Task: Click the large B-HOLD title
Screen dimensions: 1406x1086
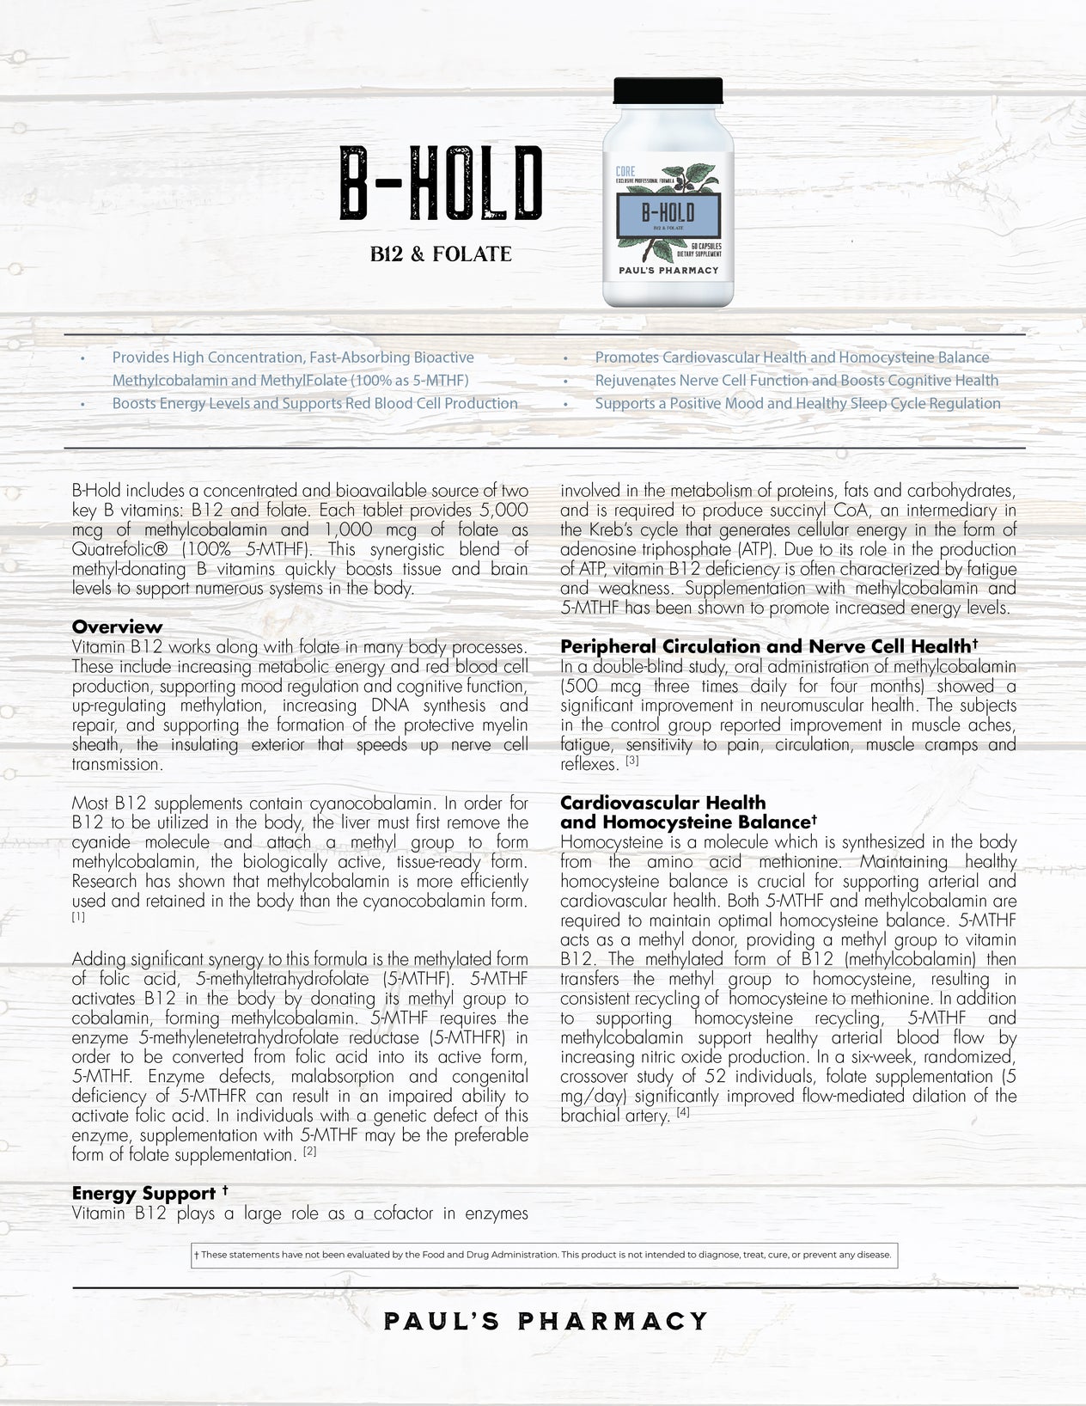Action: coord(440,182)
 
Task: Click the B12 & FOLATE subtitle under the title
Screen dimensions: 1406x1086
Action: coord(440,254)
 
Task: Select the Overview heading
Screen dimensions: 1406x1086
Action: coord(117,627)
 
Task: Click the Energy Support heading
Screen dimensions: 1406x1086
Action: coord(143,1193)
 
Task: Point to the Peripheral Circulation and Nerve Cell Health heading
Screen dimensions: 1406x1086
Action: coord(769,646)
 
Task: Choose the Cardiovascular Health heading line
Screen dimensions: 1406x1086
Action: coord(662,803)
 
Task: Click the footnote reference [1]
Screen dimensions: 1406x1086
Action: coord(78,917)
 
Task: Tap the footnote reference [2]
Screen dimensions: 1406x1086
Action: coord(310,1152)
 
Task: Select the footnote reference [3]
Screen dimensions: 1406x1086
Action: coord(632,761)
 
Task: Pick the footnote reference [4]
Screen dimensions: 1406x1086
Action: coord(683,1114)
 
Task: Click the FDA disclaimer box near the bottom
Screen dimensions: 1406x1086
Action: coord(543,1255)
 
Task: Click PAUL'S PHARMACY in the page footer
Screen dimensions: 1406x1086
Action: coord(546,1321)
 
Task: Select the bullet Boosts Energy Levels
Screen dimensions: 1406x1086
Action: coord(314,403)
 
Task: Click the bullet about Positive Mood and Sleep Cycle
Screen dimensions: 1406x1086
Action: coord(797,403)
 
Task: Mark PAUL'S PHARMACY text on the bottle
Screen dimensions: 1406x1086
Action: coord(668,270)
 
